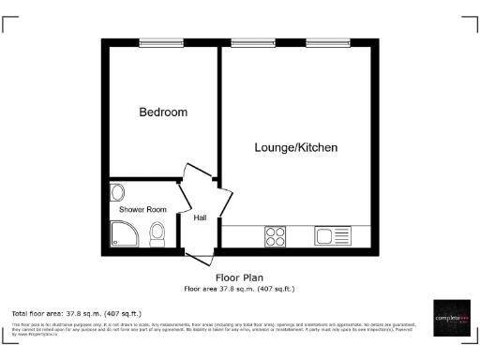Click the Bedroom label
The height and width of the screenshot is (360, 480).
tap(163, 112)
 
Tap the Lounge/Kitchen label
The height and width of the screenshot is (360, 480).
tap(296, 148)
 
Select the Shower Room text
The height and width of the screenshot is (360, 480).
tap(142, 209)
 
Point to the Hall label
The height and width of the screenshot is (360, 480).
tap(200, 218)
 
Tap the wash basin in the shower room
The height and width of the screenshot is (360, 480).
tap(116, 192)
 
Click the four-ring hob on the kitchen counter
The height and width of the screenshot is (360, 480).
tap(276, 236)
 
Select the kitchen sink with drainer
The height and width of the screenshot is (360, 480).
tap(333, 236)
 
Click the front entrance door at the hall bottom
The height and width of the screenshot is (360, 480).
tap(200, 255)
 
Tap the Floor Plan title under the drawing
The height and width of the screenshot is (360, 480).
tap(239, 277)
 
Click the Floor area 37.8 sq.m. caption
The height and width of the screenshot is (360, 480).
tap(239, 289)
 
